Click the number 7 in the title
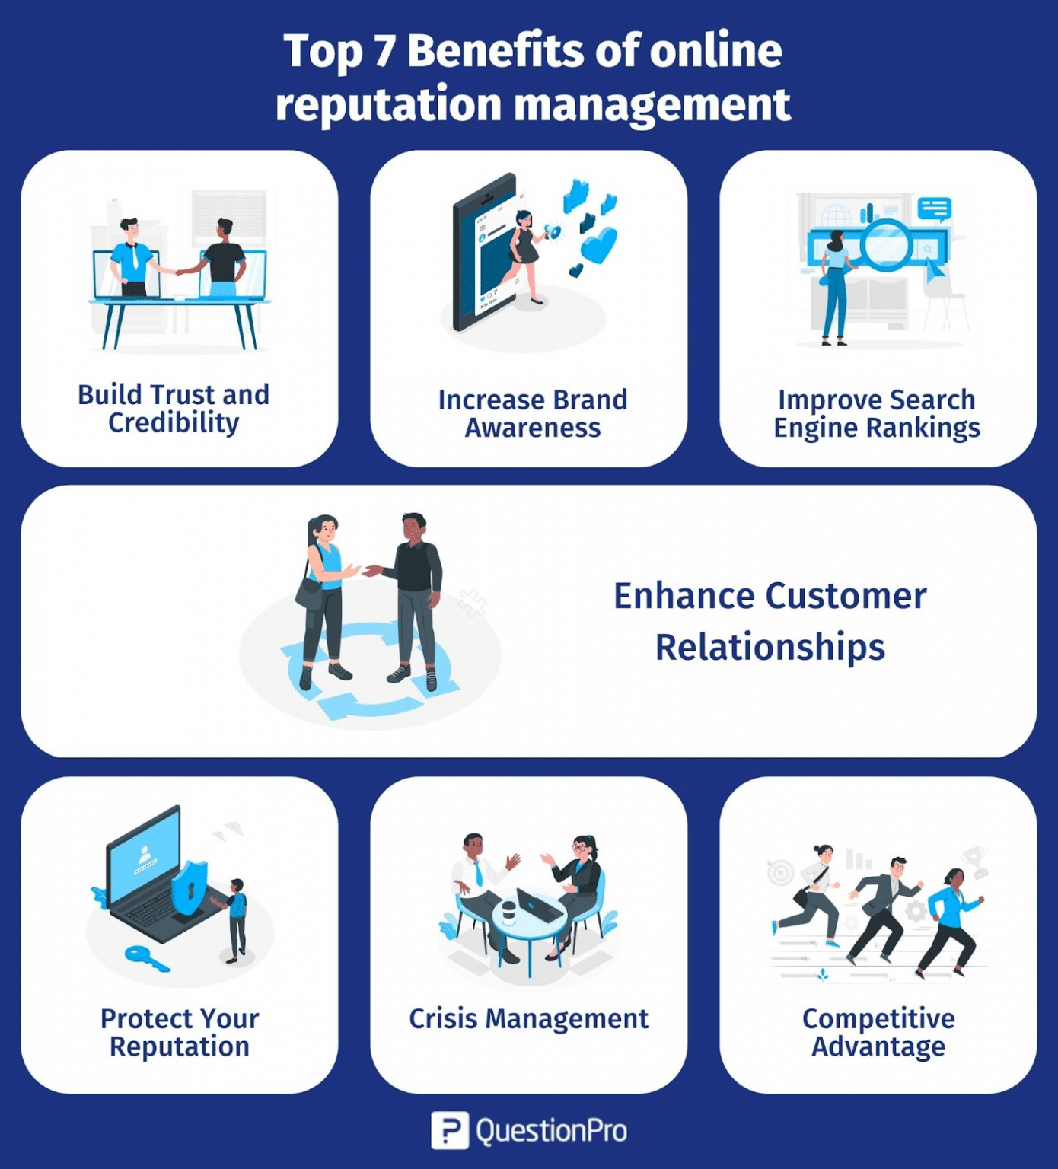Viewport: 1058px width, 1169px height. click(384, 52)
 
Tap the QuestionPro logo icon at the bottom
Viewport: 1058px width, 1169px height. click(449, 1130)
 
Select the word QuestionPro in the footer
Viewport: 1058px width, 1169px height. click(551, 1131)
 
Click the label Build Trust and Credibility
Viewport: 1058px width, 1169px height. click(174, 409)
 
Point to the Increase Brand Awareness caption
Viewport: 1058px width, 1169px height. click(532, 413)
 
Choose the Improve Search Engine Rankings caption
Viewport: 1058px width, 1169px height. click(877, 413)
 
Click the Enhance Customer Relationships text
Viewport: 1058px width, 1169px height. click(770, 621)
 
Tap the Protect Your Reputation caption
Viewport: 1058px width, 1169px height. click(180, 1032)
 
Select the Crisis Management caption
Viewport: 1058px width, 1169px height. click(528, 1018)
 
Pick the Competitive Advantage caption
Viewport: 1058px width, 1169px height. click(878, 1032)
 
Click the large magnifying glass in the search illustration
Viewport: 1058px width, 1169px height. click(887, 245)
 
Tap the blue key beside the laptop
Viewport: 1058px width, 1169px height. click(145, 958)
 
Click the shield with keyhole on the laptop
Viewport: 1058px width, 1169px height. click(189, 887)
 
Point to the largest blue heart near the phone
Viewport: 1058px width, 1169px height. click(599, 245)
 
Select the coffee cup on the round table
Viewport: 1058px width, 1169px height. click(508, 910)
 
